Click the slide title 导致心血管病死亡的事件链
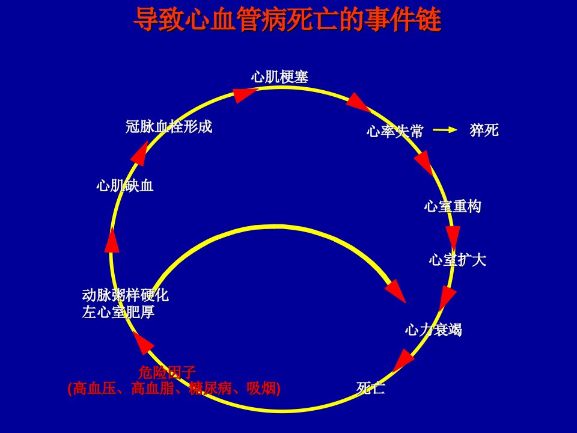pos(287,19)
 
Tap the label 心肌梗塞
pos(279,77)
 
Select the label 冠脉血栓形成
pos(169,126)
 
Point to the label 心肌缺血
pos(125,185)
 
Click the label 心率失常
pos(395,131)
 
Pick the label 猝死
pos(484,130)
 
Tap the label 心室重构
pos(453,206)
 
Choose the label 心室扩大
pos(457,260)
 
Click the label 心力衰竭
pos(433,329)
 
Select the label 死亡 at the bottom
pos(371,388)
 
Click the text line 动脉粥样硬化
pos(126,295)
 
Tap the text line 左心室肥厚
pos(118,312)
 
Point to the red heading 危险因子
pos(167,372)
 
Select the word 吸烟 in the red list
pos(261,388)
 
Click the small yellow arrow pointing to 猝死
pos(445,130)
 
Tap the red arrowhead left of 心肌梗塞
pos(244,94)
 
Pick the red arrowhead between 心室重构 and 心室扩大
pos(453,238)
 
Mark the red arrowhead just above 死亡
pos(404,360)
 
